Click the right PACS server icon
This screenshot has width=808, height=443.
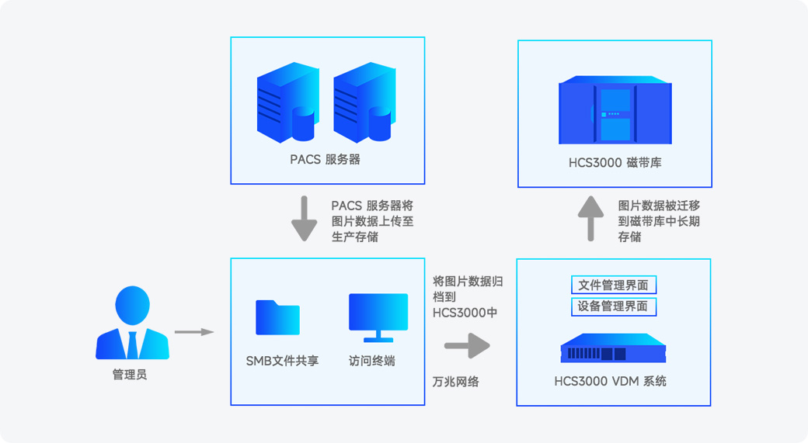click(x=365, y=102)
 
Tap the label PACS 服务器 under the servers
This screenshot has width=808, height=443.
click(x=326, y=160)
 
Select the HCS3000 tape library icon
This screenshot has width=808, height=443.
click(x=615, y=110)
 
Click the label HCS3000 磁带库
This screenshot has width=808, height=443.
click(x=615, y=163)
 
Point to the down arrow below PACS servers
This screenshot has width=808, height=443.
click(x=304, y=219)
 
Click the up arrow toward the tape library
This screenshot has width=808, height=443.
click(x=590, y=219)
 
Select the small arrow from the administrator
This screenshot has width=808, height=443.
click(x=194, y=332)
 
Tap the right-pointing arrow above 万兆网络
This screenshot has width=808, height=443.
click(x=468, y=345)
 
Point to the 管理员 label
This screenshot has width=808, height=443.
click(x=130, y=375)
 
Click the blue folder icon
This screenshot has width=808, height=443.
click(x=278, y=317)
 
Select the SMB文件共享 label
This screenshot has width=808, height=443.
click(x=282, y=362)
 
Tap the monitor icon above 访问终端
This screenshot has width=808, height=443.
click(x=378, y=317)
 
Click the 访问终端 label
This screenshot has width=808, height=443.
click(x=372, y=362)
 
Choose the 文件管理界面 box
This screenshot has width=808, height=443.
click(x=614, y=285)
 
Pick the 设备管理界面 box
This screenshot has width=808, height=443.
click(x=614, y=306)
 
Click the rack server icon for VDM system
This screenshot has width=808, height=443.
click(x=613, y=348)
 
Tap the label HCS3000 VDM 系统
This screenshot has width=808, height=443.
click(x=610, y=381)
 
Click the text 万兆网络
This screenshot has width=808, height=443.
click(x=456, y=382)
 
